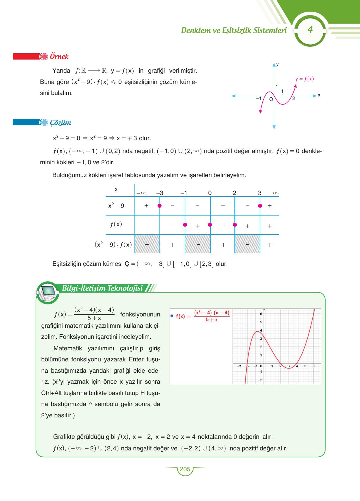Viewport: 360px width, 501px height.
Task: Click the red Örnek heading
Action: point(59,57)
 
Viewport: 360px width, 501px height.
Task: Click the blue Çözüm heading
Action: point(60,123)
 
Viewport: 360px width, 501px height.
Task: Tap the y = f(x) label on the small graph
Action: point(304,79)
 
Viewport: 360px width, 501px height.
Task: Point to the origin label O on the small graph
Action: point(271,99)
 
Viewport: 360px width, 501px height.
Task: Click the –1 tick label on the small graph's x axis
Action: point(259,98)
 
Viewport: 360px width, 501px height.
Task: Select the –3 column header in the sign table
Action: point(160,193)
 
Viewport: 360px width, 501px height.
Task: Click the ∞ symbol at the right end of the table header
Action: point(276,193)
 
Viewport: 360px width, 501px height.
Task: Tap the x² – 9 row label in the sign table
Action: point(116,206)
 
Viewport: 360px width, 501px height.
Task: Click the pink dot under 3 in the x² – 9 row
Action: point(260,206)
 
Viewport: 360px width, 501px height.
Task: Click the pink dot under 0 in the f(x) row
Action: point(210,224)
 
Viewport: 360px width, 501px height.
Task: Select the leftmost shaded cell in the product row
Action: point(147,244)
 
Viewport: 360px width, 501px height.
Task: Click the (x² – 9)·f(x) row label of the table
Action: point(113,245)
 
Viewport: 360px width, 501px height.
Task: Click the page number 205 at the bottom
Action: point(185,469)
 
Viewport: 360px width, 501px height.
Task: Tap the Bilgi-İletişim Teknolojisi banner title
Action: point(102,288)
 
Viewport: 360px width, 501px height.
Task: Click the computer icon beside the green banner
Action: point(47,292)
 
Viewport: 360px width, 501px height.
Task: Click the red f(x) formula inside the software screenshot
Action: point(203,316)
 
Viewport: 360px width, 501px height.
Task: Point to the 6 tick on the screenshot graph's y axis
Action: point(261,314)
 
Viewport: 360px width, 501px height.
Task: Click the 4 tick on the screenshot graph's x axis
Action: point(297,366)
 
